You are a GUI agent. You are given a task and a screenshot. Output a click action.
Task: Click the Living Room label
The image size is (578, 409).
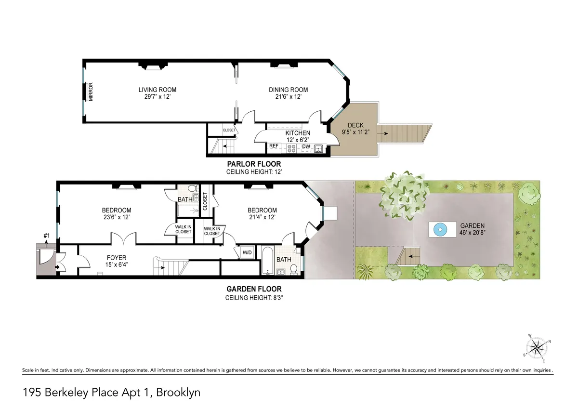157,90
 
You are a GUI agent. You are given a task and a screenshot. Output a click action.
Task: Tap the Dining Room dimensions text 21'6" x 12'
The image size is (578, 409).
288,97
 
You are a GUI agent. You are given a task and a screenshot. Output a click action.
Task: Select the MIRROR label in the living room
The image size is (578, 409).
90,92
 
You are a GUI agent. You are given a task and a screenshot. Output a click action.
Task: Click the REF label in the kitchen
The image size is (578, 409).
274,146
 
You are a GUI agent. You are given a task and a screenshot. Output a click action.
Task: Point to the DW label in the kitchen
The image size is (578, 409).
306,146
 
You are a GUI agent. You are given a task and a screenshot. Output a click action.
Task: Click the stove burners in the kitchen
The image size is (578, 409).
291,148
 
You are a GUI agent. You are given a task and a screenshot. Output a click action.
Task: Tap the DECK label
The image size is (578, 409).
355,125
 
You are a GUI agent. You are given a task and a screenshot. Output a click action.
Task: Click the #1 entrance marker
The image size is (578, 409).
47,236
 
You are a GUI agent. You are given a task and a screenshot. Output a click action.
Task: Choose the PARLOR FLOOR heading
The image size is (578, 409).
253,164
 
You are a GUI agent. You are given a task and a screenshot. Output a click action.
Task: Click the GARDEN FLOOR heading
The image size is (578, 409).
254,290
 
